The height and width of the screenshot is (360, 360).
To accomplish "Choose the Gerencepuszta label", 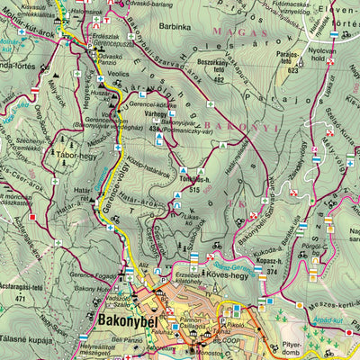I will [114, 42].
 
